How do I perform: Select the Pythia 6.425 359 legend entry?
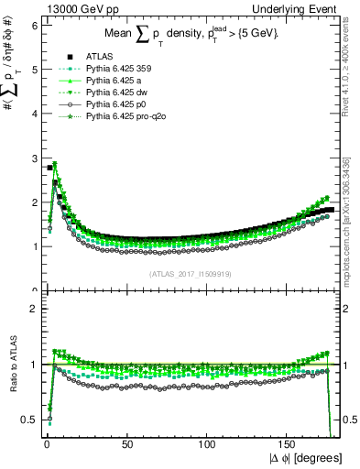pos(114,71)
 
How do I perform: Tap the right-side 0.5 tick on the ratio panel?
pos(350,420)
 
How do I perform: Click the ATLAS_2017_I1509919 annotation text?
pos(189,273)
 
